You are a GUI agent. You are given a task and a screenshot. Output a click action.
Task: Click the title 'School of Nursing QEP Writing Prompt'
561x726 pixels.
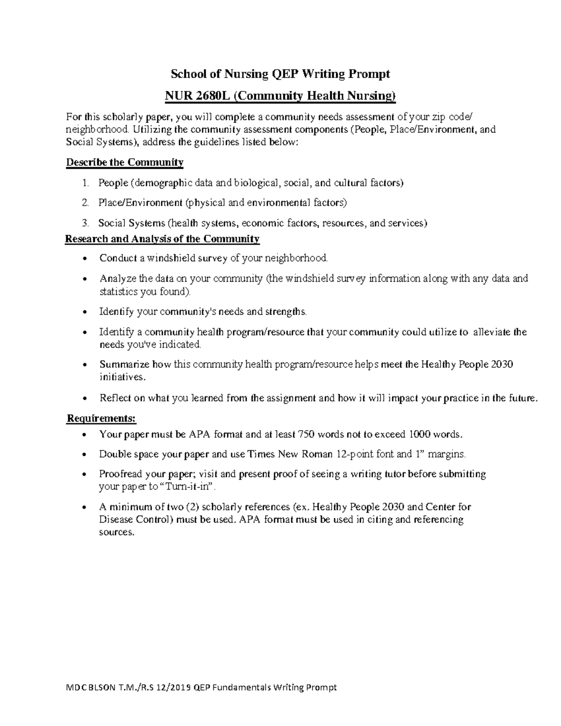coord(280,74)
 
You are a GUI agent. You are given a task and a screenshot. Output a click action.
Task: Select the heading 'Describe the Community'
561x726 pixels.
coord(125,163)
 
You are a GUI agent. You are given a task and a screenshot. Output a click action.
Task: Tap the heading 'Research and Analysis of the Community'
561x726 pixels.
coord(162,239)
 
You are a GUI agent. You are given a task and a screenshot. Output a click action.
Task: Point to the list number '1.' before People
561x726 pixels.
coord(85,183)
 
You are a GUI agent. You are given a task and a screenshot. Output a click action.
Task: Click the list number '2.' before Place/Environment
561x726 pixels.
coord(85,203)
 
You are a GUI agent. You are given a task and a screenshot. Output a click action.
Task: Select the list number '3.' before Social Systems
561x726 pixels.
coord(85,223)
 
